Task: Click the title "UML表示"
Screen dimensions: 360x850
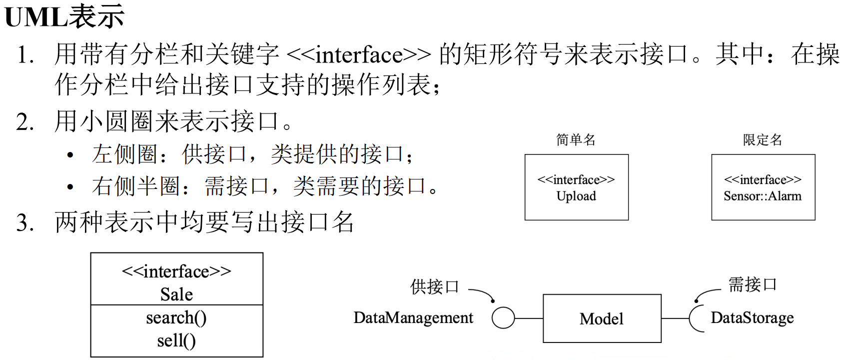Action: point(64,16)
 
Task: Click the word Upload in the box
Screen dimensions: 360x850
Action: point(576,196)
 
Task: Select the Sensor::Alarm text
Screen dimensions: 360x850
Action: point(763,196)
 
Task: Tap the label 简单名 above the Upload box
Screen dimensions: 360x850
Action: point(576,139)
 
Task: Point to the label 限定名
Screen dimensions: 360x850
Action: point(762,139)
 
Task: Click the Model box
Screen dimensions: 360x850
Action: point(602,318)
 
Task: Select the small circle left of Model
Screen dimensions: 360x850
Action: point(503,318)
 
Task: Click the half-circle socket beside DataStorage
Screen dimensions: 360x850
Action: point(694,318)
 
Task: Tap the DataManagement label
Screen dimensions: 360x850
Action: point(413,318)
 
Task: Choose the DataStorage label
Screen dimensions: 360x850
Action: point(752,318)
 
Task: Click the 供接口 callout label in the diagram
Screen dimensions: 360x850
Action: point(434,287)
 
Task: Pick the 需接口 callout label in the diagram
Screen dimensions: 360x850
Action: point(752,285)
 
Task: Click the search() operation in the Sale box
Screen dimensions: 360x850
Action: point(176,318)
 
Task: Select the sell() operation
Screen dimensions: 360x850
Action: point(176,341)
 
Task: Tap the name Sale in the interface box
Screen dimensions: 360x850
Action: point(176,294)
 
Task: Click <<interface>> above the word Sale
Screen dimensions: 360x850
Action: point(176,271)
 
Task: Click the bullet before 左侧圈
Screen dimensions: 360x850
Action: point(70,155)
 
